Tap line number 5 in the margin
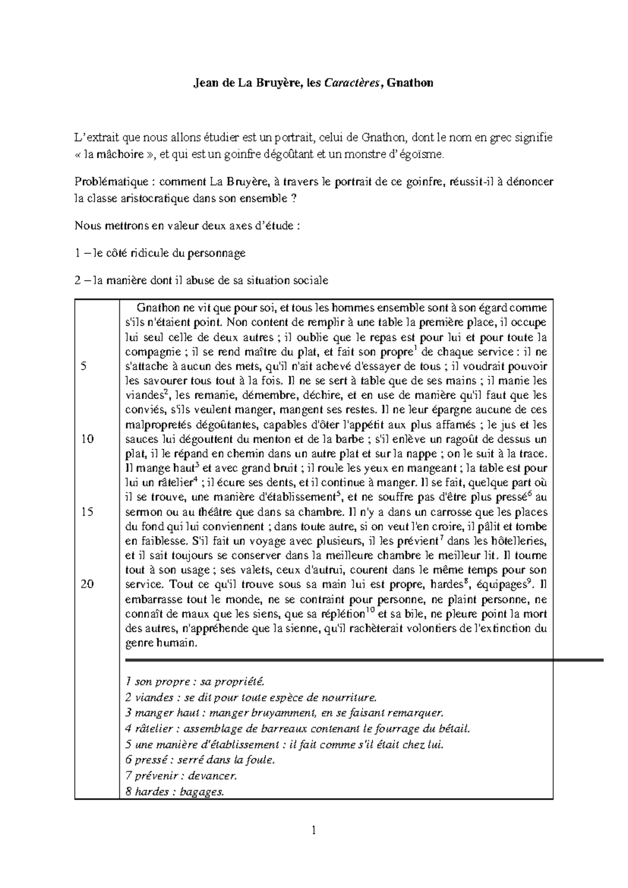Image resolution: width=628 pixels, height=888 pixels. pyautogui.click(x=84, y=366)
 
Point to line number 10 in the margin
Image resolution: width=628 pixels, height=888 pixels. pyautogui.click(x=87, y=439)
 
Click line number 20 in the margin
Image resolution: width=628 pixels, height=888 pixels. pyautogui.click(x=87, y=584)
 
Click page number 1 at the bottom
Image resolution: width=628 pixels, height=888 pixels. pyautogui.click(x=313, y=829)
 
